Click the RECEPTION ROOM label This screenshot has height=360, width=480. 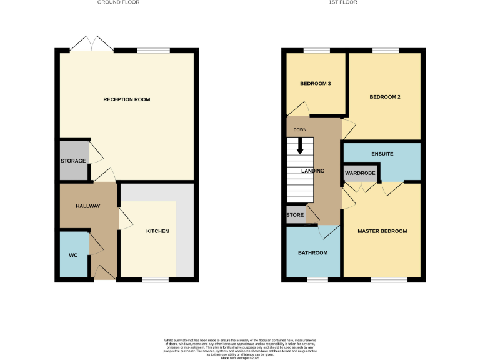tap(127, 99)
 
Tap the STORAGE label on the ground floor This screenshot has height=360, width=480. tap(73, 161)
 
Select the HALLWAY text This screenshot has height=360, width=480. tap(87, 206)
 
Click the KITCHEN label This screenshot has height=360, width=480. tap(157, 231)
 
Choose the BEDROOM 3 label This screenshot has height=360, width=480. tap(315, 83)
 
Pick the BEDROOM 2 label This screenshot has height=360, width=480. tap(384, 97)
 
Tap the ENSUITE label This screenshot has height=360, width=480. tap(382, 153)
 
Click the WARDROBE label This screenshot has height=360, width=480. tap(359, 172)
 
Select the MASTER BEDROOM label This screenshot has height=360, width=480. tap(382, 231)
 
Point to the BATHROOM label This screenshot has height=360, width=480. tap(312, 252)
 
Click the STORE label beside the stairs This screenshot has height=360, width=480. tap(295, 215)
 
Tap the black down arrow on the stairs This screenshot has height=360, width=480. tap(300, 147)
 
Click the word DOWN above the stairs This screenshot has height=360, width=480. tap(300, 130)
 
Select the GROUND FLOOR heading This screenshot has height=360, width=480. tap(118, 2)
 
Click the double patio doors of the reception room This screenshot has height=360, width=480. tap(92, 45)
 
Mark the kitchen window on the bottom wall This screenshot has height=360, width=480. tap(155, 279)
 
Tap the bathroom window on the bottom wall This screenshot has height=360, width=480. tap(317, 279)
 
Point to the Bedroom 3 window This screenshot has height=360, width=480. tap(316, 51)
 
